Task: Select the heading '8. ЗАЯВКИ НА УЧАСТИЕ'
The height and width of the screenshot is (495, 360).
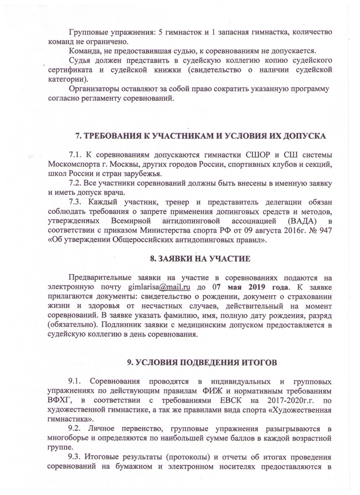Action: coord(200,259)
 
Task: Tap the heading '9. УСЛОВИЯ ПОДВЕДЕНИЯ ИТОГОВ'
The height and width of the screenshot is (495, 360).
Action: coord(202,363)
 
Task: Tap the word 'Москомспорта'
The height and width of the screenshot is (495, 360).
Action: coord(72,164)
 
